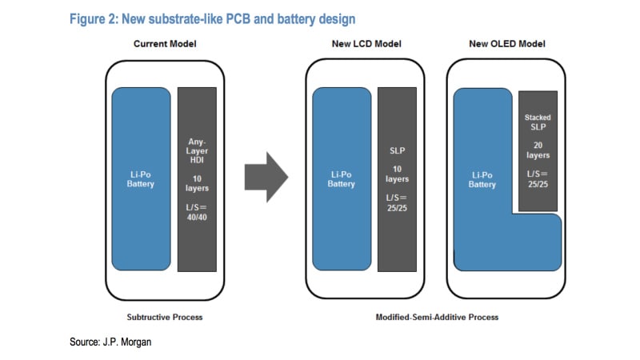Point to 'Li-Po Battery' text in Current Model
pyautogui.click(x=140, y=178)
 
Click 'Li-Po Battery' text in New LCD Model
pyautogui.click(x=341, y=178)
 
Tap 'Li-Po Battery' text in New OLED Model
pyautogui.click(x=482, y=179)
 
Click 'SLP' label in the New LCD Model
pyautogui.click(x=398, y=150)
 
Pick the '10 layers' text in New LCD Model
pyautogui.click(x=398, y=174)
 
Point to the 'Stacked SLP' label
pyautogui.click(x=538, y=122)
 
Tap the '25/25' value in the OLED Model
pyautogui.click(x=538, y=185)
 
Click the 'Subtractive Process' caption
pyautogui.click(x=165, y=317)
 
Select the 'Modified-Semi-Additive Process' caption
pyautogui.click(x=437, y=317)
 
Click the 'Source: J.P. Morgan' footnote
pyautogui.click(x=109, y=342)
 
